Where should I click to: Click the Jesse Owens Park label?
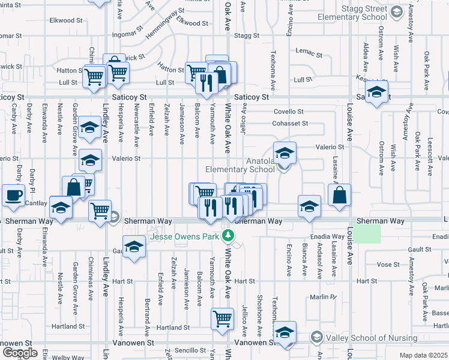coord(184,236)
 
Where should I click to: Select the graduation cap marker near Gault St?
coord(135,247)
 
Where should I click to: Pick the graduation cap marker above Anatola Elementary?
coord(285,151)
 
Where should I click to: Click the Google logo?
coord(19,352)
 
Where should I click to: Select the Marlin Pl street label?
coord(321,296)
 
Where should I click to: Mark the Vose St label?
coord(388,265)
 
